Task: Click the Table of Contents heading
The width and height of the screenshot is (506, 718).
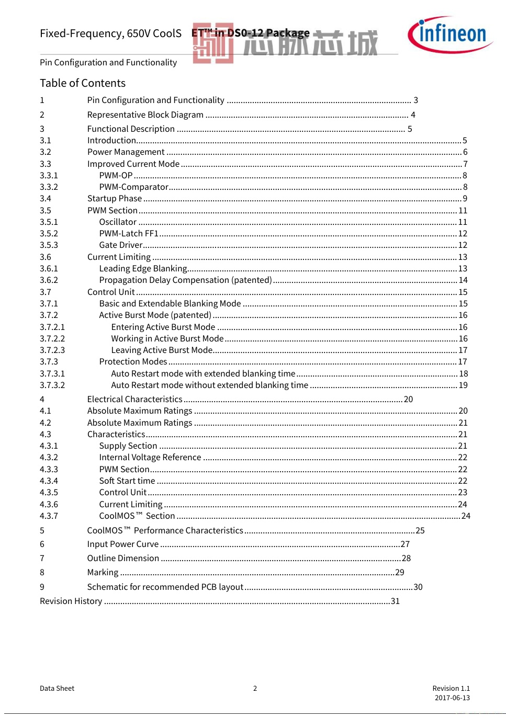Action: click(83, 83)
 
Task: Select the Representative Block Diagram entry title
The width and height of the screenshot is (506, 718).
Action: click(145, 115)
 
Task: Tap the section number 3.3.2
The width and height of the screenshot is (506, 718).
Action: click(49, 187)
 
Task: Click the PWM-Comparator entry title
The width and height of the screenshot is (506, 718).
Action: click(133, 187)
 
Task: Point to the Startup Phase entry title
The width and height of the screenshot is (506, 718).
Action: click(114, 198)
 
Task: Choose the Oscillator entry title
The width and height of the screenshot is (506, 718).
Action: click(118, 222)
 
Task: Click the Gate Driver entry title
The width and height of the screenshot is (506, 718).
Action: click(120, 245)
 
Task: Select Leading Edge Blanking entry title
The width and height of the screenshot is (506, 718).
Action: click(143, 268)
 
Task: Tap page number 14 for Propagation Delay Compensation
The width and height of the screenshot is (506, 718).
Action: click(463, 280)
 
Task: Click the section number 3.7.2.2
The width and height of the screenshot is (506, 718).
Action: click(52, 338)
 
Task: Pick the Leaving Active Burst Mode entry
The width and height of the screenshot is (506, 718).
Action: click(162, 350)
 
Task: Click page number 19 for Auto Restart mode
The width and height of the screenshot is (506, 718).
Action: click(463, 385)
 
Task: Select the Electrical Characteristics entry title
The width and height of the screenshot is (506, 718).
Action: click(134, 399)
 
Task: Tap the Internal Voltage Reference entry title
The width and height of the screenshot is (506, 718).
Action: click(150, 457)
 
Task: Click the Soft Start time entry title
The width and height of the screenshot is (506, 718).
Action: click(127, 481)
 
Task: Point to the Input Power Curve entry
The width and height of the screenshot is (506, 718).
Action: click(122, 544)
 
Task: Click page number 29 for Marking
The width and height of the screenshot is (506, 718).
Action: click(399, 572)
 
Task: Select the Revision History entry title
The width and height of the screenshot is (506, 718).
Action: click(71, 601)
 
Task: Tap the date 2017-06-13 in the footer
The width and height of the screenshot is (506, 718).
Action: click(452, 698)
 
